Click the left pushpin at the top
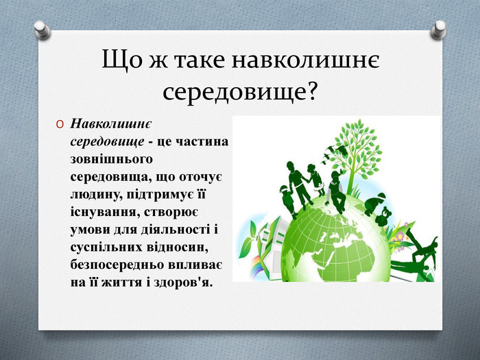pyautogui.click(x=43, y=29)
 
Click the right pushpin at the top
pyautogui.click(x=438, y=29)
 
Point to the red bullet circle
pyautogui.click(x=60, y=124)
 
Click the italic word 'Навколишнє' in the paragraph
pyautogui.click(x=110, y=124)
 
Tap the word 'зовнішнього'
pyautogui.click(x=111, y=160)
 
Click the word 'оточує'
pyautogui.click(x=200, y=178)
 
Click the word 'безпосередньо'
pyautogui.click(x=117, y=265)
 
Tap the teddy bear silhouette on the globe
pyautogui.click(x=383, y=217)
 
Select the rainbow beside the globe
pyautogui.click(x=256, y=267)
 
